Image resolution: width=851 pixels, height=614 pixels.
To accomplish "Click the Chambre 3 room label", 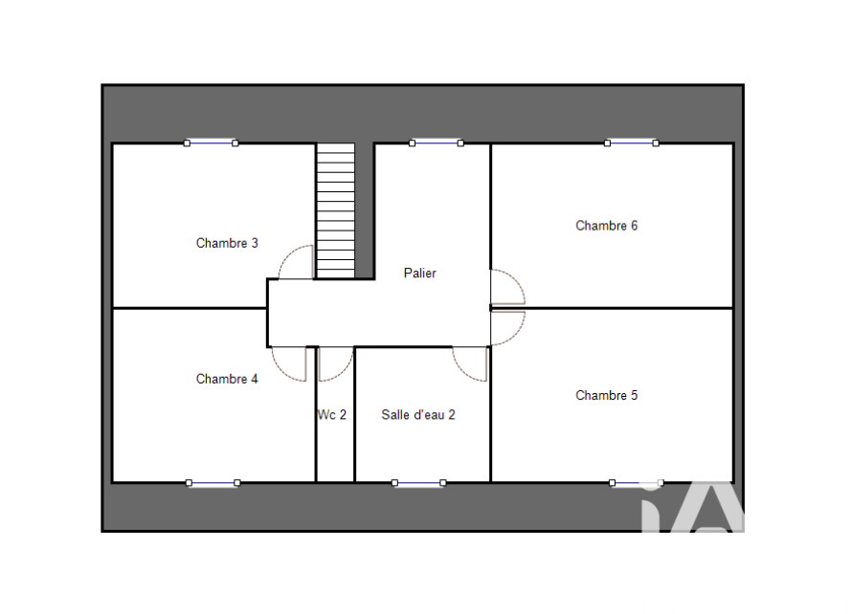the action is tap(227, 243).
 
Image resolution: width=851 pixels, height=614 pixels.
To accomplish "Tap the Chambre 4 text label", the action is tap(227, 379).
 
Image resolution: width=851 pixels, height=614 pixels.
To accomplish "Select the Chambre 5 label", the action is tap(606, 395).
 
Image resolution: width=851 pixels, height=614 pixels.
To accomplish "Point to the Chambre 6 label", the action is tap(606, 226).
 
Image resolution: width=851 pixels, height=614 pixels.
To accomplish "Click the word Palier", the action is tap(419, 273).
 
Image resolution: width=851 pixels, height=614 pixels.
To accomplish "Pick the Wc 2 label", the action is tap(331, 415).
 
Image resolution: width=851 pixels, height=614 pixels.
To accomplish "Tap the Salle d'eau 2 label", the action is tap(418, 415).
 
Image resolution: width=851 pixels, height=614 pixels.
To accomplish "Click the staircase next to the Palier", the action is tap(335, 211).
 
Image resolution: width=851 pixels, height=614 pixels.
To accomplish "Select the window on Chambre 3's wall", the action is tap(212, 143).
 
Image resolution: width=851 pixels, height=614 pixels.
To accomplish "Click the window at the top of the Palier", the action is tap(437, 143).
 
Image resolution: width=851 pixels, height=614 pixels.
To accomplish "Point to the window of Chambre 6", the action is tap(632, 143).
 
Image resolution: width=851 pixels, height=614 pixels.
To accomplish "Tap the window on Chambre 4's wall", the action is tap(213, 483).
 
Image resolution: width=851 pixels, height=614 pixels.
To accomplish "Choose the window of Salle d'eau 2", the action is tap(419, 483).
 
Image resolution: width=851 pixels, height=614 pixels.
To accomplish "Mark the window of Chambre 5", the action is tap(637, 483).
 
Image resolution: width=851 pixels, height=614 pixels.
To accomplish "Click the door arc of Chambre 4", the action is tap(281, 370).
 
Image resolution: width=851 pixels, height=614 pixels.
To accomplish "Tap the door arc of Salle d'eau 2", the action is tap(462, 371).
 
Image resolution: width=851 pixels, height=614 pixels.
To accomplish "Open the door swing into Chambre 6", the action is tap(515, 279).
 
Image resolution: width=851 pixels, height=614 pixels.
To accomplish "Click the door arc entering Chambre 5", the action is tap(515, 335).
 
